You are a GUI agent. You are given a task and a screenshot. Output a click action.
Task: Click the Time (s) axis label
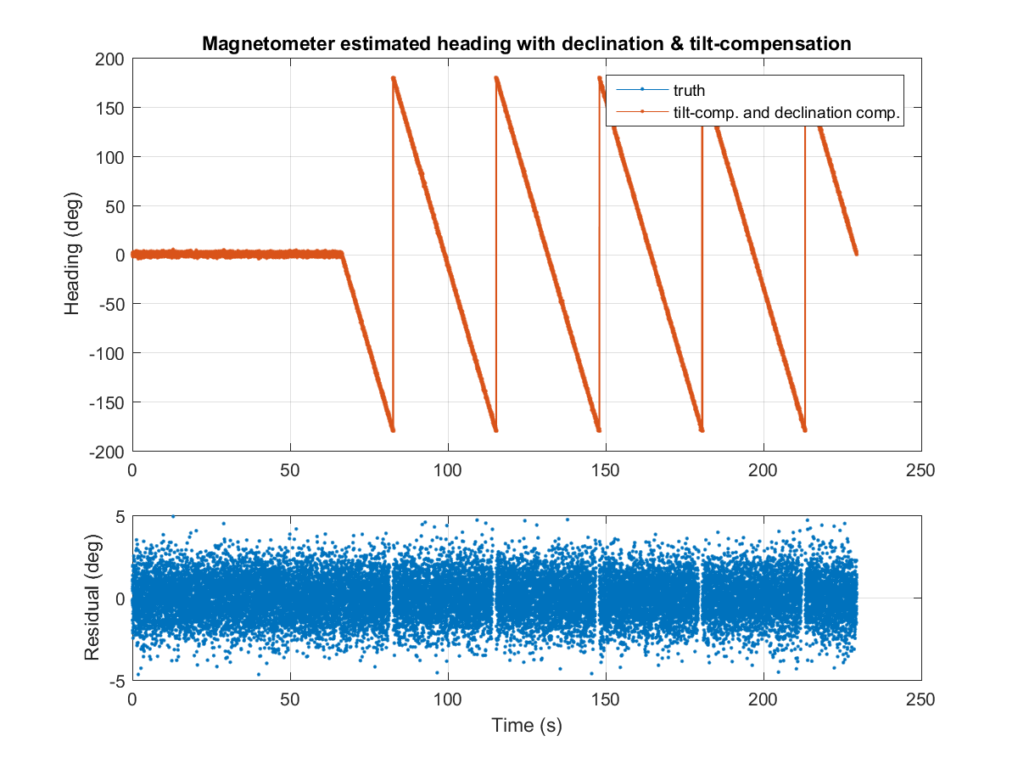point(526,726)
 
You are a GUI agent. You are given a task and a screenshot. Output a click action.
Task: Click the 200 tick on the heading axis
point(110,59)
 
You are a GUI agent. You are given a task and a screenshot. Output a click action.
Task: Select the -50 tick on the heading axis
point(110,304)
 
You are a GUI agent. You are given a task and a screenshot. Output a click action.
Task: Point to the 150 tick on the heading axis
point(110,108)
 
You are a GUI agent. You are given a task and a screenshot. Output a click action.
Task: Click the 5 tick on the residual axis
point(120,516)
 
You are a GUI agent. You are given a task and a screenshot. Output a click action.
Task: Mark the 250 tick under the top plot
point(921,469)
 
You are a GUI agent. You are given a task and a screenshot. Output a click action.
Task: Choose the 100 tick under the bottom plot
point(448,699)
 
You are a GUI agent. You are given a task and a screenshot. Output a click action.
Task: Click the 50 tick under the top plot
point(290,469)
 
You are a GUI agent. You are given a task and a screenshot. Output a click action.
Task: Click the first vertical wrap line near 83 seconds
point(393,255)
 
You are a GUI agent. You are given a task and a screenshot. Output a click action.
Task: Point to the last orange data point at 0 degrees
point(856,253)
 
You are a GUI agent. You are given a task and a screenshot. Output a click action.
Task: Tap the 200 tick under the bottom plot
point(763,699)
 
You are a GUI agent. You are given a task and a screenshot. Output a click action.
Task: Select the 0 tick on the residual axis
point(120,598)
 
